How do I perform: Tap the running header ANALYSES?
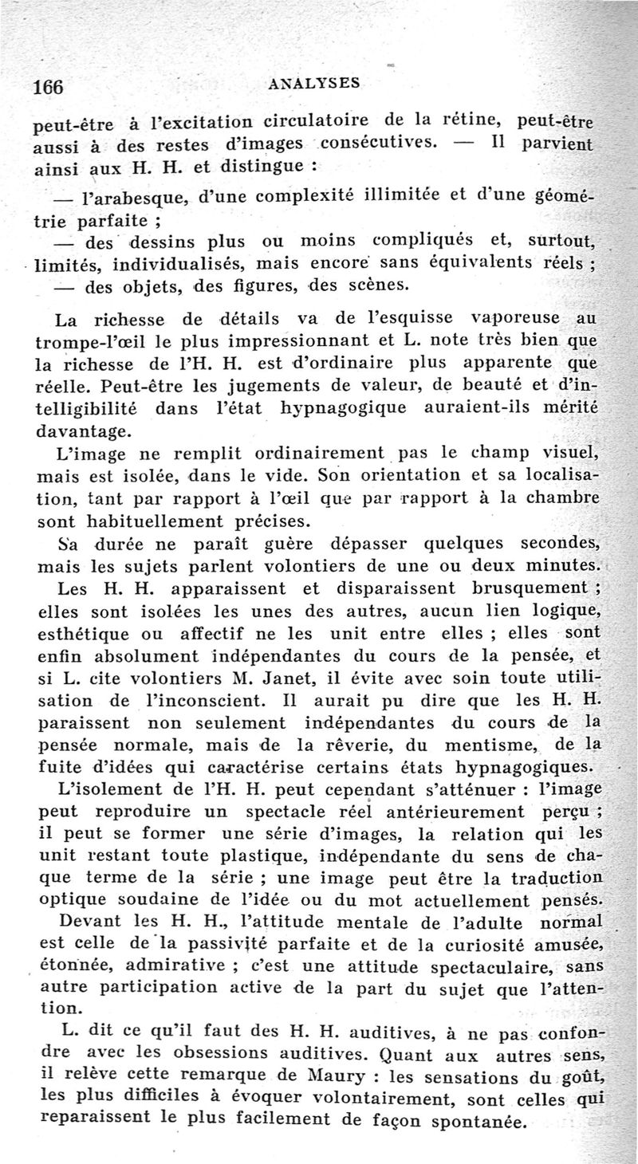pyautogui.click(x=316, y=81)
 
